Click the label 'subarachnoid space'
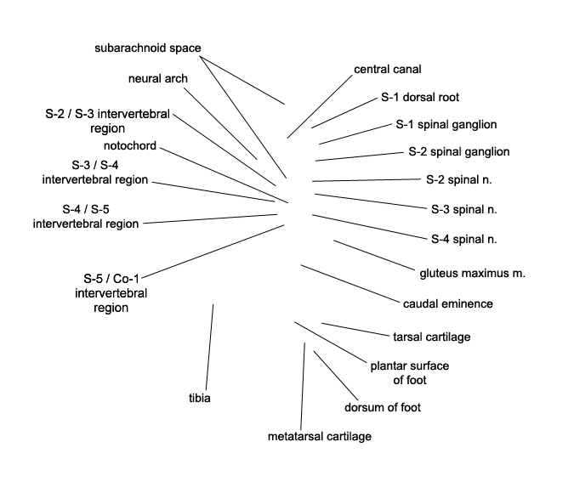coord(147,48)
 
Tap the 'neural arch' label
coord(158,79)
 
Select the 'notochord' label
coord(130,145)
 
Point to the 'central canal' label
coord(387,69)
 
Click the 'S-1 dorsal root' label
coord(420,97)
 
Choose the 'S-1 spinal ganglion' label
coord(446,124)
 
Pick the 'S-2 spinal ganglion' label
coord(459,152)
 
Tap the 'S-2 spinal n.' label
coord(459,179)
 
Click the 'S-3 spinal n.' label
coord(464,209)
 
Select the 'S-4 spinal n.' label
coord(464,239)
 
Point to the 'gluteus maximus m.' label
coord(472,274)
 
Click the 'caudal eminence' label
coord(447,303)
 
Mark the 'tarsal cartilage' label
coord(432,337)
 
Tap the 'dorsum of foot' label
coord(383,407)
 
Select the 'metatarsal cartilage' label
coord(320,436)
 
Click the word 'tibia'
coord(200,398)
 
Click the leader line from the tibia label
coord(209,347)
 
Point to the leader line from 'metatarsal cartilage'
coord(303,386)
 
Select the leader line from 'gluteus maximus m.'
coord(374,256)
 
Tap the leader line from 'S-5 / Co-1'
coord(213,252)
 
